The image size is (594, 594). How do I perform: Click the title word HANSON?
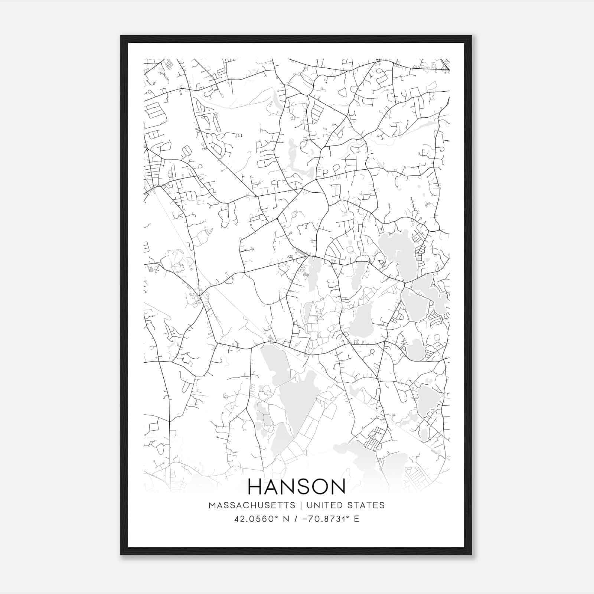296,487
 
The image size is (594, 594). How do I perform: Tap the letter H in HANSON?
255,487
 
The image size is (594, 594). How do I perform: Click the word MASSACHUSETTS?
252,505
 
